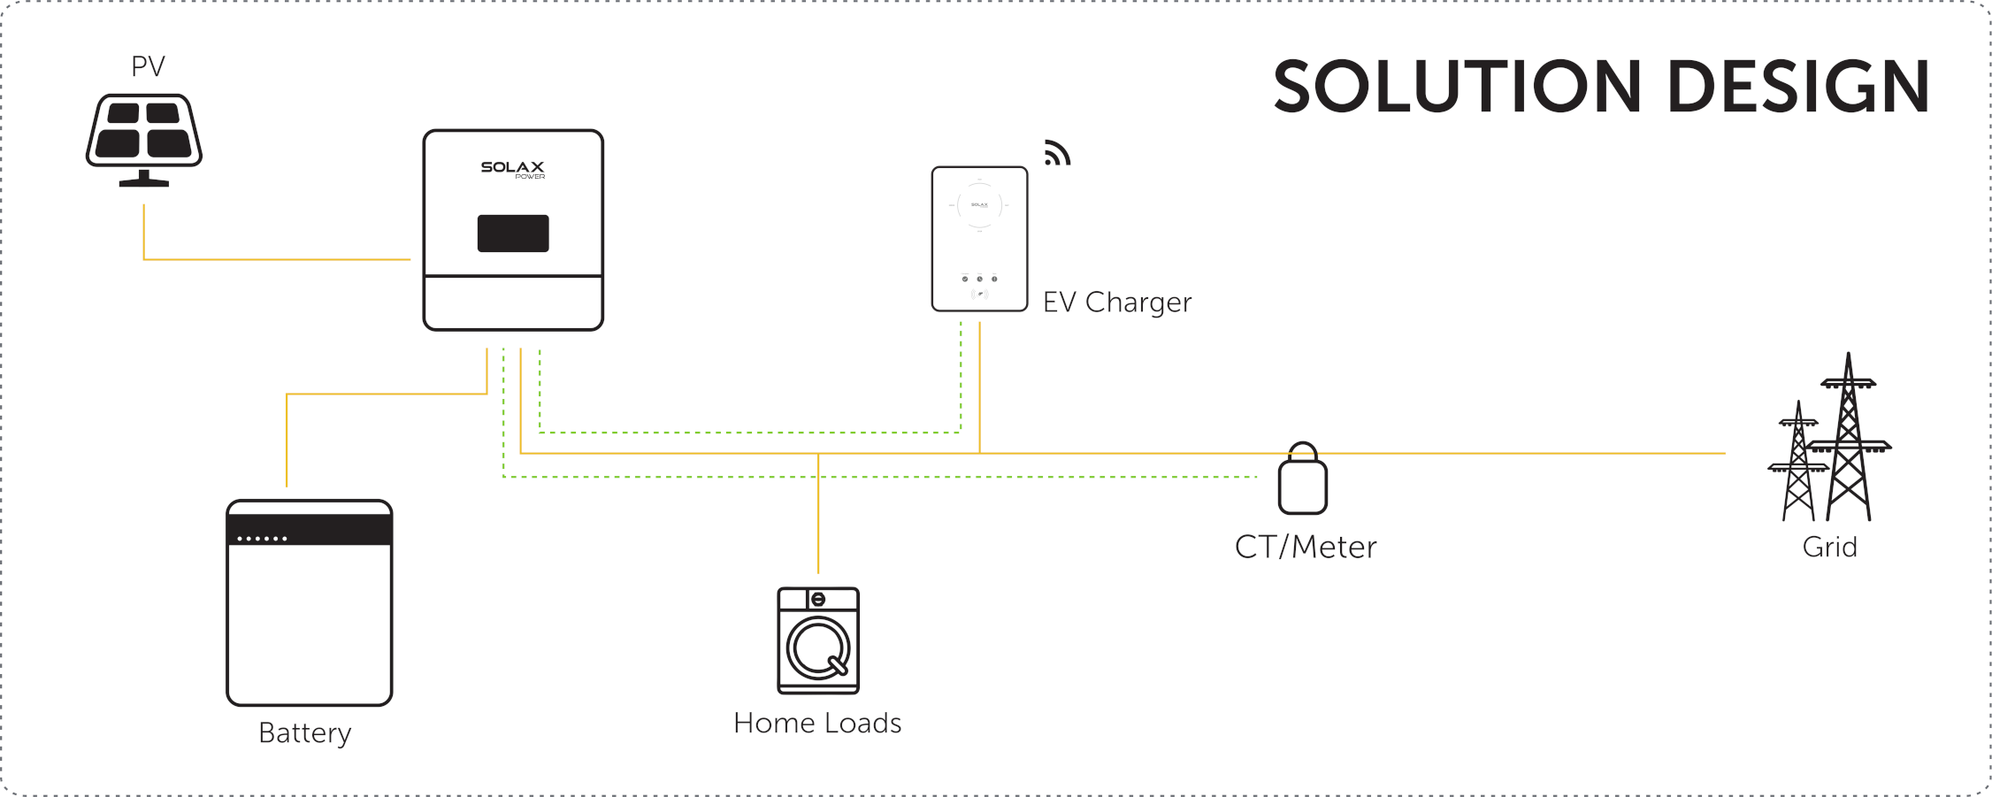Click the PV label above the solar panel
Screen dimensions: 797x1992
[148, 66]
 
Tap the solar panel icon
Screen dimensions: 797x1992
[144, 137]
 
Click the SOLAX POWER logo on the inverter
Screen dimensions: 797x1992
[513, 168]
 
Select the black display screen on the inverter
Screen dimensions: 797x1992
[513, 234]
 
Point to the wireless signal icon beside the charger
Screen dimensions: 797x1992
[1057, 153]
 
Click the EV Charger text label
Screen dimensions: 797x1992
[1117, 303]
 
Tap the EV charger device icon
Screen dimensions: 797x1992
[979, 239]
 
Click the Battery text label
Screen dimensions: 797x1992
[305, 733]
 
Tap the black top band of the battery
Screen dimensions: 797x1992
[310, 529]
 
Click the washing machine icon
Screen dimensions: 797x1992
[818, 640]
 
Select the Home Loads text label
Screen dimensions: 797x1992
[817, 724]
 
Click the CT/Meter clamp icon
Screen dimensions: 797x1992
[1303, 482]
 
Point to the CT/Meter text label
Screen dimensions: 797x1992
[1306, 548]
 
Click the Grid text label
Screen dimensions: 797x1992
[1830, 548]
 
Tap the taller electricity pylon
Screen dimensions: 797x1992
[1849, 442]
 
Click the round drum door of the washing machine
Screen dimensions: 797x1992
[818, 648]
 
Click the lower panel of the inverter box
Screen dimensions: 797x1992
[513, 303]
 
